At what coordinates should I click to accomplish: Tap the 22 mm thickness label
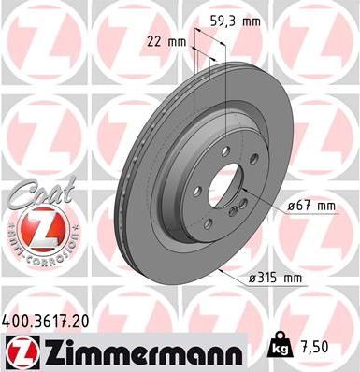tap(166, 40)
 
